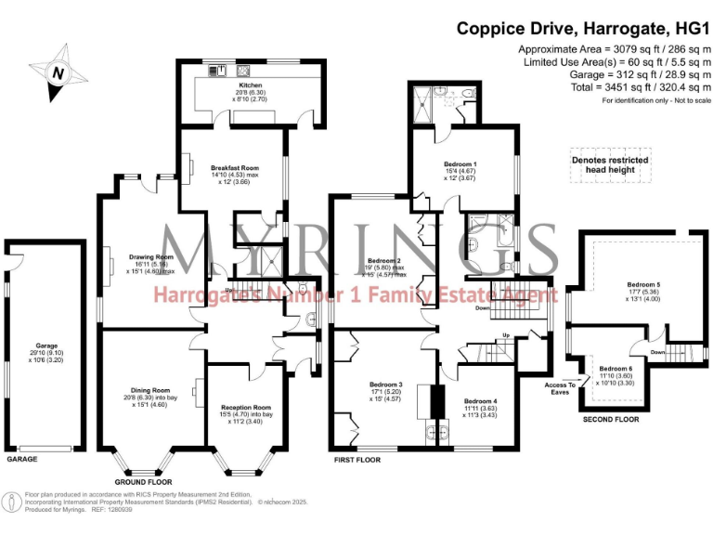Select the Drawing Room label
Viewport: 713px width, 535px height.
tap(151, 256)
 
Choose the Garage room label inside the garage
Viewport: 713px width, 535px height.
tap(33, 346)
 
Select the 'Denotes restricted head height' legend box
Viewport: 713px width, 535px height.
tap(609, 166)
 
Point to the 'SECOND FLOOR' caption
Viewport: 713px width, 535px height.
tap(609, 420)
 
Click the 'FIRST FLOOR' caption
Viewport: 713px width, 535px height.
tap(357, 459)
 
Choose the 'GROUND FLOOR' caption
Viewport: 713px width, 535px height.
tap(143, 483)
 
